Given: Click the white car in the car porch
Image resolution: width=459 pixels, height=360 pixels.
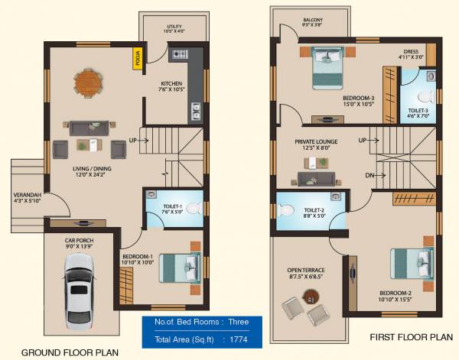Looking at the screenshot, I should point(78,291).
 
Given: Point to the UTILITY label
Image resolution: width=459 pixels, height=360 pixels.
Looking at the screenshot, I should point(174,27).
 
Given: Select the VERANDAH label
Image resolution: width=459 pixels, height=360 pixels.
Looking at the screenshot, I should point(27,196).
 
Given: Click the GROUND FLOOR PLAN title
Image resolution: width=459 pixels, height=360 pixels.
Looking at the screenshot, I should point(70,352).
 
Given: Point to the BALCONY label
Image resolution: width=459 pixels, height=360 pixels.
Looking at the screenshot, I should point(311,20).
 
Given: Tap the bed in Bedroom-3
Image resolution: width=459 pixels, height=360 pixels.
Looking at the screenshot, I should point(331,66).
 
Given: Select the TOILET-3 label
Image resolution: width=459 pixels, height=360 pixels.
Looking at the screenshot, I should point(418,111).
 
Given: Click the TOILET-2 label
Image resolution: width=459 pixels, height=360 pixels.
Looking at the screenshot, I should point(315,210).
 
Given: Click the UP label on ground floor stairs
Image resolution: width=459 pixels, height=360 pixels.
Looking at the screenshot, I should point(132,141).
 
